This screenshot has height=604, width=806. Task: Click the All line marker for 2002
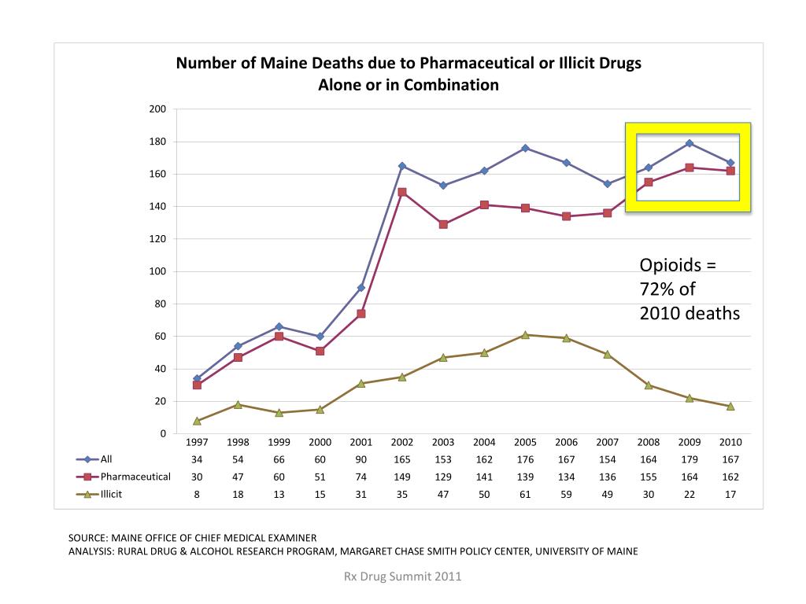tap(402, 166)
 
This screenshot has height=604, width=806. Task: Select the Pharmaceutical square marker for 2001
tap(361, 314)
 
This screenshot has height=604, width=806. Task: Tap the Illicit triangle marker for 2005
tap(525, 335)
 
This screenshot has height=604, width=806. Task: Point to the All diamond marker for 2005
tap(525, 148)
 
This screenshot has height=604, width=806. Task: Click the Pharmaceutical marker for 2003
tap(443, 224)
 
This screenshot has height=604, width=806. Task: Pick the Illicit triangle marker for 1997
tap(197, 421)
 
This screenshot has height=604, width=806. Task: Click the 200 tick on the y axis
tap(157, 109)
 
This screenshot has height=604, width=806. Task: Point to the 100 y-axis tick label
tap(157, 271)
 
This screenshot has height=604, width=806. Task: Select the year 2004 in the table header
tap(484, 442)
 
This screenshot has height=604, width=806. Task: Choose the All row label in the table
tap(106, 459)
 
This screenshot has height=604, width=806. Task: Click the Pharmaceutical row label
tap(135, 477)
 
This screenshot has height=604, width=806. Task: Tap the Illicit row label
tap(111, 494)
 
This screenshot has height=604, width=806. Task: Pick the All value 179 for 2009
tap(689, 459)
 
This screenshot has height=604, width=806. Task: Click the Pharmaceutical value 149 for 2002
tap(402, 477)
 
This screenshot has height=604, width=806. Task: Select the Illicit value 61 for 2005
tap(525, 494)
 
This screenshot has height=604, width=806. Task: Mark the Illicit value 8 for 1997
tap(197, 494)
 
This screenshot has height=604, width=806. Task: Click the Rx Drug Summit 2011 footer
tap(402, 576)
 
